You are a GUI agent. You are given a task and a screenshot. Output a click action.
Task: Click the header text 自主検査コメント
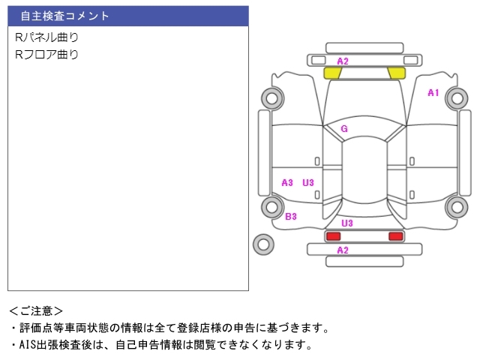[64, 16]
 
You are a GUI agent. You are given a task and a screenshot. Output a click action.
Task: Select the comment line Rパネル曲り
[46, 37]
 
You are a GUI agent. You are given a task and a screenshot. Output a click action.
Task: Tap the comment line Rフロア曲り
[46, 55]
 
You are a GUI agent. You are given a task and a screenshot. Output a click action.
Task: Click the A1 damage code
[433, 92]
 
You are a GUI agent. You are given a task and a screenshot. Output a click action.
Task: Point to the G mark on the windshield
[344, 128]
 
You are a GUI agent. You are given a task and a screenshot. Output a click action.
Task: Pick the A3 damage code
[287, 183]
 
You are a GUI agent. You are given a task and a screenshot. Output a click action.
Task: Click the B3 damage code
[291, 217]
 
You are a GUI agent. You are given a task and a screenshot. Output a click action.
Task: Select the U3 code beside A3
[308, 183]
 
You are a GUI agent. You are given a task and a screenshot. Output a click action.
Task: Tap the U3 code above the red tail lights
[347, 223]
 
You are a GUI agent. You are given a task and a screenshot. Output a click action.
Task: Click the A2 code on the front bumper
[343, 61]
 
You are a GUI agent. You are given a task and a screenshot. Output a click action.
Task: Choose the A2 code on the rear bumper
[343, 250]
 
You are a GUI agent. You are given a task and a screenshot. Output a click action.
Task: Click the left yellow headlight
[333, 73]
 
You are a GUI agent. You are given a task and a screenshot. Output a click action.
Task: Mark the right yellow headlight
[397, 73]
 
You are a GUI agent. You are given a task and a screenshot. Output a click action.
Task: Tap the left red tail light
[333, 236]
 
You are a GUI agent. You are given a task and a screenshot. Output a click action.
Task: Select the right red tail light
[396, 236]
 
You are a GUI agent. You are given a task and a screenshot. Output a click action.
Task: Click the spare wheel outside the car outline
[263, 244]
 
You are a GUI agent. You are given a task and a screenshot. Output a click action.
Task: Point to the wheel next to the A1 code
[457, 98]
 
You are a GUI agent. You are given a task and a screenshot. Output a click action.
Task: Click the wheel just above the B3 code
[272, 207]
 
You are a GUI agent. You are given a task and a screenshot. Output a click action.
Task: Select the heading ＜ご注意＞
[36, 311]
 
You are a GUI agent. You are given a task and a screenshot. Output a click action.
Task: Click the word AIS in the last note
[28, 345]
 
